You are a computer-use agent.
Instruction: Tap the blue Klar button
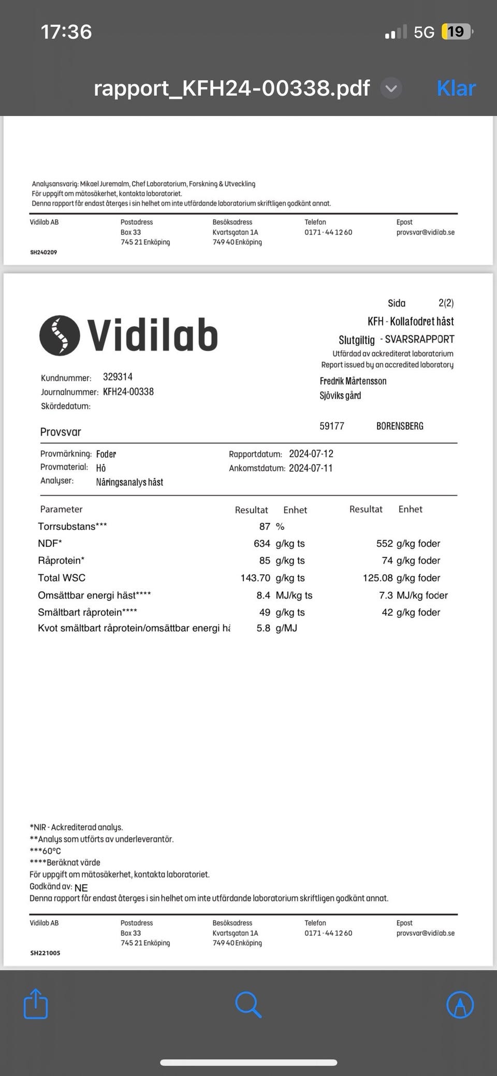click(456, 89)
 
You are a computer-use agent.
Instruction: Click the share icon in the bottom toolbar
click(36, 1004)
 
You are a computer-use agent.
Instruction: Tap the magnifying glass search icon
click(248, 1005)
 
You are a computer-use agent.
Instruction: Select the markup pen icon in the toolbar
click(460, 1005)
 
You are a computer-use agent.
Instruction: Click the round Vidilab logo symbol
click(60, 336)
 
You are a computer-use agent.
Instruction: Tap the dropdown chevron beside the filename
click(391, 89)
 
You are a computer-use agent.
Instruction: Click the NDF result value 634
click(262, 544)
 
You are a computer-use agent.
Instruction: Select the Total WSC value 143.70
click(255, 578)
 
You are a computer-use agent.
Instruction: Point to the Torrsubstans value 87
click(265, 527)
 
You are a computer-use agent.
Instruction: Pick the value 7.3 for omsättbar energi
click(386, 595)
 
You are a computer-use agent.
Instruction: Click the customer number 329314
click(118, 377)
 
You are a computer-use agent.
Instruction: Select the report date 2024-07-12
click(311, 454)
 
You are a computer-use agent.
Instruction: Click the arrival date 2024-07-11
click(311, 468)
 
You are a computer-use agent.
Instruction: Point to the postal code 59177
click(332, 426)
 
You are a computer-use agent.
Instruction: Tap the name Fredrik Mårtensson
click(353, 381)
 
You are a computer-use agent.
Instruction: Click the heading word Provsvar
click(61, 432)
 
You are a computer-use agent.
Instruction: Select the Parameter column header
click(61, 510)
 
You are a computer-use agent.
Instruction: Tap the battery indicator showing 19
click(456, 32)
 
